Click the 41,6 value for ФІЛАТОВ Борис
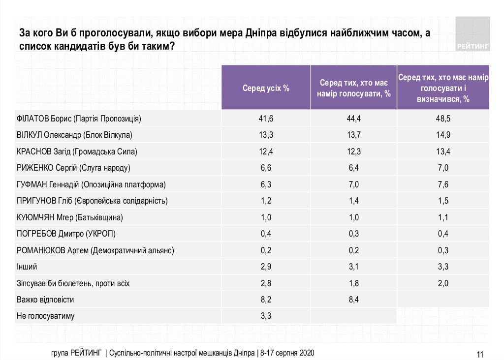266,119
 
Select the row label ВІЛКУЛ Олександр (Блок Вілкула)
75,135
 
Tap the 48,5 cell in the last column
443,119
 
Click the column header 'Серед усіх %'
266,89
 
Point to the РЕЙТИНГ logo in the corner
473,34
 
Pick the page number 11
481,354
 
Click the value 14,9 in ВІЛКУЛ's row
443,135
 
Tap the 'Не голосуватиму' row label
45,316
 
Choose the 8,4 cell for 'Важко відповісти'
354,300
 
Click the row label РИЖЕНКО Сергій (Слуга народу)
73,168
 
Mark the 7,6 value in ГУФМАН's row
443,184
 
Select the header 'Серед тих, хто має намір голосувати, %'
354,89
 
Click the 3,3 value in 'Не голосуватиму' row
266,316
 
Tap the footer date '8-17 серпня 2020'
287,354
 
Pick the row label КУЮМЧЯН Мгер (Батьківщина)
69,217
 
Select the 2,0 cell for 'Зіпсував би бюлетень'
443,283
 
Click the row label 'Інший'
27,267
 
